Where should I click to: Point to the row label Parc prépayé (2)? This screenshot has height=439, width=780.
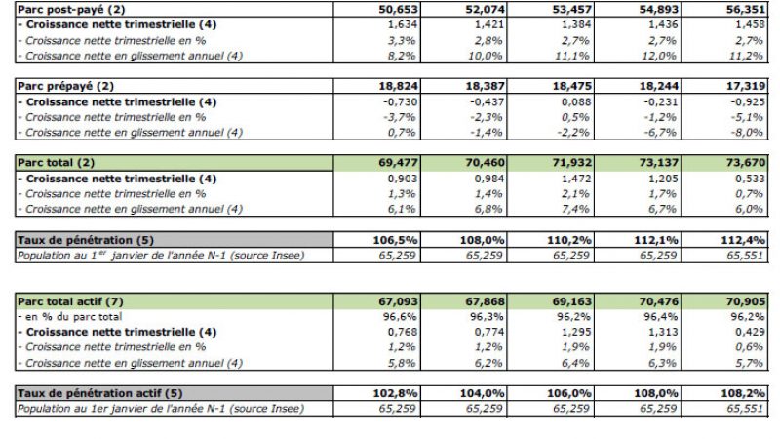point(60,87)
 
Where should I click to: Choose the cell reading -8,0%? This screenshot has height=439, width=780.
point(745,133)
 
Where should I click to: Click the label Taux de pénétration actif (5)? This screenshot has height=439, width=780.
point(98,392)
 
